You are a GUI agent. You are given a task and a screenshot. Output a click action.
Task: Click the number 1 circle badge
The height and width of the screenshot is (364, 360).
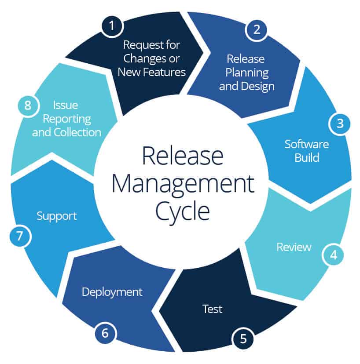tap(112, 26)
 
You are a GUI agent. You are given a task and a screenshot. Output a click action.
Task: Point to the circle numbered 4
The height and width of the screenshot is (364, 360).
tap(334, 255)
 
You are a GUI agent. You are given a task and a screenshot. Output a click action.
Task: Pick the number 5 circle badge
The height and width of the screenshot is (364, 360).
tap(243, 339)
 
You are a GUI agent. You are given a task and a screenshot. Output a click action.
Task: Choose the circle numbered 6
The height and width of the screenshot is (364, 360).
tap(105, 333)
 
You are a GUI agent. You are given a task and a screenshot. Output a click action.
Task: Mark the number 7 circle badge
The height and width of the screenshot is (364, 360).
tap(19, 236)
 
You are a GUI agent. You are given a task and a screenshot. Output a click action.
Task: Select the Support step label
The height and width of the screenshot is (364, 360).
tap(57, 216)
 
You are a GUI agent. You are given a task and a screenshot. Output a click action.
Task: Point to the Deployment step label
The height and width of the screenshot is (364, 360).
tap(112, 291)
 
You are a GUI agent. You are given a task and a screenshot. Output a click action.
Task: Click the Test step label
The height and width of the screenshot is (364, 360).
tap(213, 309)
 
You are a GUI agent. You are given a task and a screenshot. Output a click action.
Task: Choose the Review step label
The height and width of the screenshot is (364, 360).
tap(294, 247)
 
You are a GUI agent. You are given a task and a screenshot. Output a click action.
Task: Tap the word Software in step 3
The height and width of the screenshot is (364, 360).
tap(307, 144)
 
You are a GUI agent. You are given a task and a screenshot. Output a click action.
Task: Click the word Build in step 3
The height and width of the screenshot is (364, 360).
tap(307, 157)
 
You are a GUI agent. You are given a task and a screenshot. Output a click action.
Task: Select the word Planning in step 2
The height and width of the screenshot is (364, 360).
tap(246, 73)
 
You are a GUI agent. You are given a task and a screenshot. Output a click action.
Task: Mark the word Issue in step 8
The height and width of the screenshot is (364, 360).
tap(66, 105)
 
